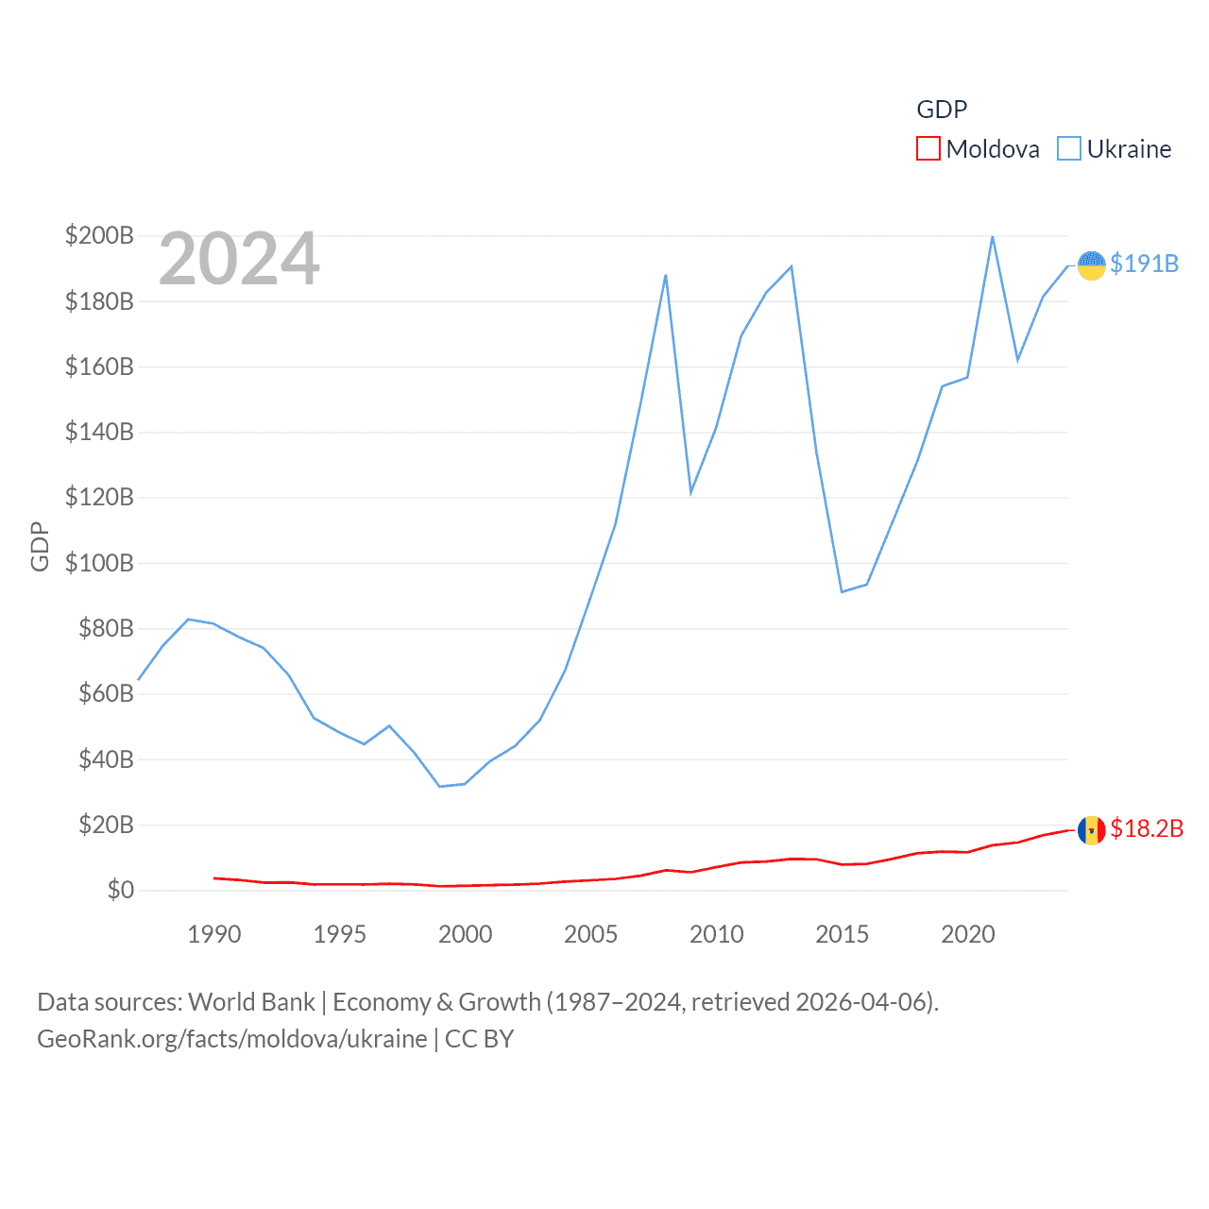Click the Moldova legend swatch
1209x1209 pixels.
(928, 149)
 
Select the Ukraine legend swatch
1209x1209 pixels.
(1069, 149)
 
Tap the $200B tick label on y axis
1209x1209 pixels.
(99, 235)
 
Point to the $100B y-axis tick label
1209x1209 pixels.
(99, 563)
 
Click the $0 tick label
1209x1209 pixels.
(120, 890)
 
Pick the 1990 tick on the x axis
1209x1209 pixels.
(214, 934)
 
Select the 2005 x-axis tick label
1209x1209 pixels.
(590, 934)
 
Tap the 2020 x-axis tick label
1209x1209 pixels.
(968, 934)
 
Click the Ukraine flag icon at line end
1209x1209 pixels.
(1092, 265)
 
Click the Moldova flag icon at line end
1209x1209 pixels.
(1092, 830)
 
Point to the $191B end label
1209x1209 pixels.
(1144, 264)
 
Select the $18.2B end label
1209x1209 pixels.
(1147, 828)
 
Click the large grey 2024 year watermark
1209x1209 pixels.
(239, 259)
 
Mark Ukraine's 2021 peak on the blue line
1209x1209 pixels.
(993, 236)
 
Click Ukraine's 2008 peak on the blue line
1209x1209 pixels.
(666, 275)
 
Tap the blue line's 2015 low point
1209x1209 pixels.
(842, 591)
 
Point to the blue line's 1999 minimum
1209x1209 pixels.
(439, 786)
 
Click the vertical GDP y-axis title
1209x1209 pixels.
(40, 546)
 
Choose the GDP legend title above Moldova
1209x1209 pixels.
(942, 110)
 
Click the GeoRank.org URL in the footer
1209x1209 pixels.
(232, 1039)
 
